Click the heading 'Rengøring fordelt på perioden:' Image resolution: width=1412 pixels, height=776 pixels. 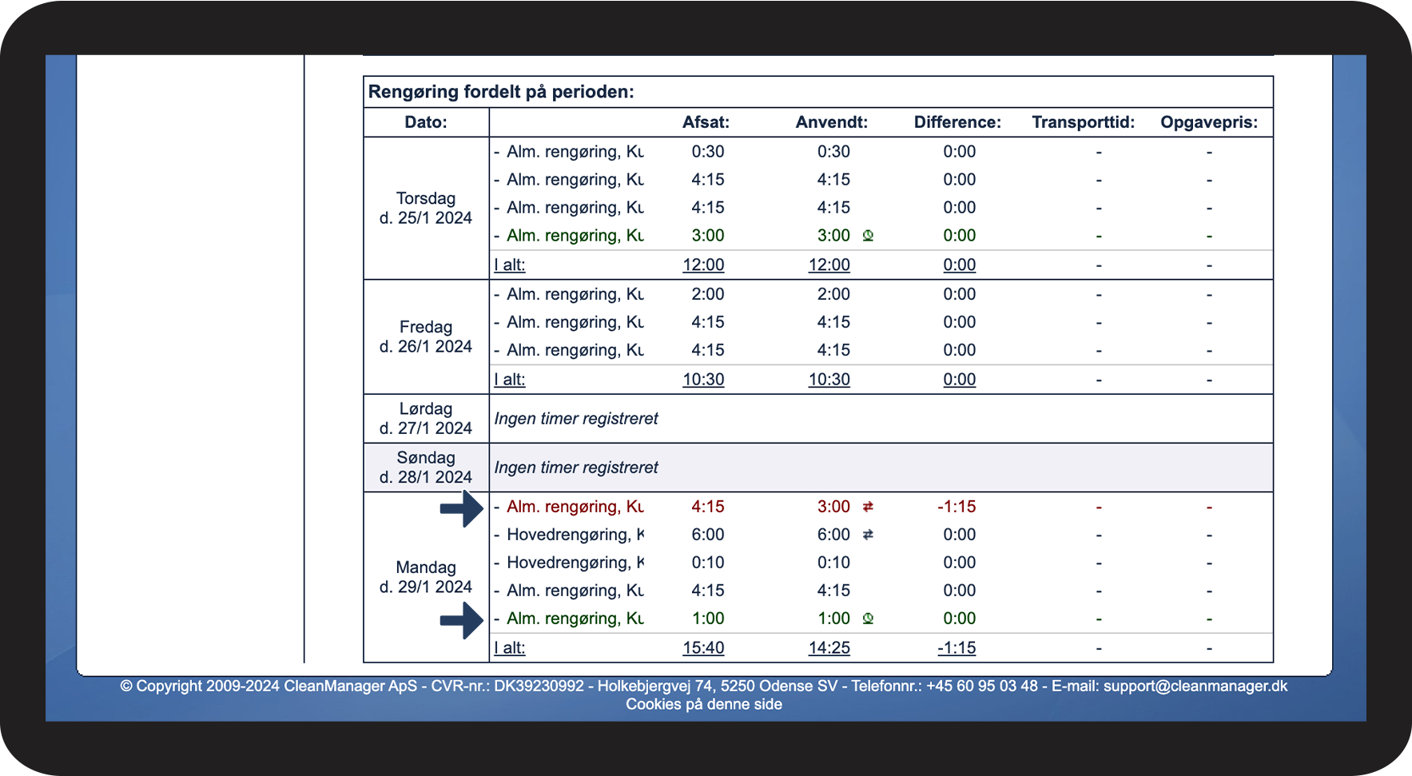[501, 92]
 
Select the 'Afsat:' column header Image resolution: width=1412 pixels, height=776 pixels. [706, 122]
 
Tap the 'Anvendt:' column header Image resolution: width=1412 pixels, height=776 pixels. [831, 122]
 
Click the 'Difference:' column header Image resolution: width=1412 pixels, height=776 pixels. [957, 122]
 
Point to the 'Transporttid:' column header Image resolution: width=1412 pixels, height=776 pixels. [1083, 122]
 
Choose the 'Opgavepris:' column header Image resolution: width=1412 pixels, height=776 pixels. [1209, 122]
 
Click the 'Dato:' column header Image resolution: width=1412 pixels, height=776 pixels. [426, 122]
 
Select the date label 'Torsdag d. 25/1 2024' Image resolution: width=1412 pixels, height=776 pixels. [426, 208]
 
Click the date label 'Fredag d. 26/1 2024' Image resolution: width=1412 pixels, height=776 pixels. [426, 336]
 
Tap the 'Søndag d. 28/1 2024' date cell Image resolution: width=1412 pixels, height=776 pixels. [426, 468]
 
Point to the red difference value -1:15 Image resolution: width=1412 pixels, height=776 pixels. [957, 507]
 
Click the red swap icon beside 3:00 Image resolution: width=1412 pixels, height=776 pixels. [868, 507]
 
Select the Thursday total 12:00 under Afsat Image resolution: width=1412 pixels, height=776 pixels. [703, 265]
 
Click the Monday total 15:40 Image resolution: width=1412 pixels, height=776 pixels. [703, 648]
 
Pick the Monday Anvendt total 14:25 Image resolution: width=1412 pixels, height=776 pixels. [829, 648]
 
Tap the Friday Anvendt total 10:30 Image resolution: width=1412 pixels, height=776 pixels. [829, 380]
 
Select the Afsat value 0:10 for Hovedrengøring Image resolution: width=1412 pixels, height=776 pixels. [708, 563]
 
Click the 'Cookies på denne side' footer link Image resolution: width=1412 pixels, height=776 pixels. [704, 704]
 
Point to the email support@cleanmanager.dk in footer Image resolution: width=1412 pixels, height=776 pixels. [1195, 686]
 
